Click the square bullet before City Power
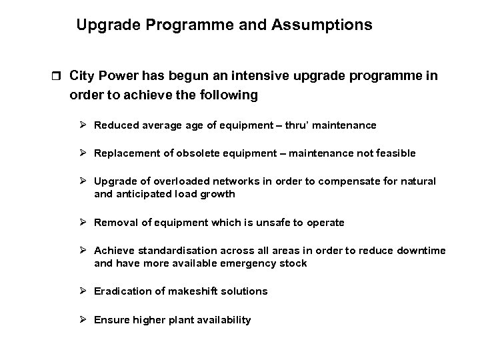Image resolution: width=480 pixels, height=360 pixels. click(55, 77)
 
